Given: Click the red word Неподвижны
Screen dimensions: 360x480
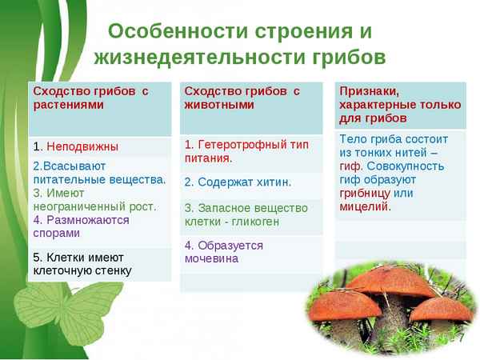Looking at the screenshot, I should [82, 146].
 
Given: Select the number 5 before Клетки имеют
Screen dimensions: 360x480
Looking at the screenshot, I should [37, 257].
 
